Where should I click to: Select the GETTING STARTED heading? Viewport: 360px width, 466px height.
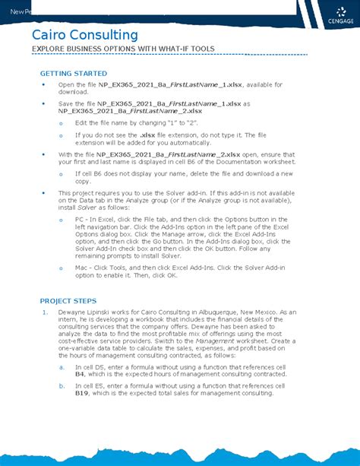(x=73, y=72)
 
